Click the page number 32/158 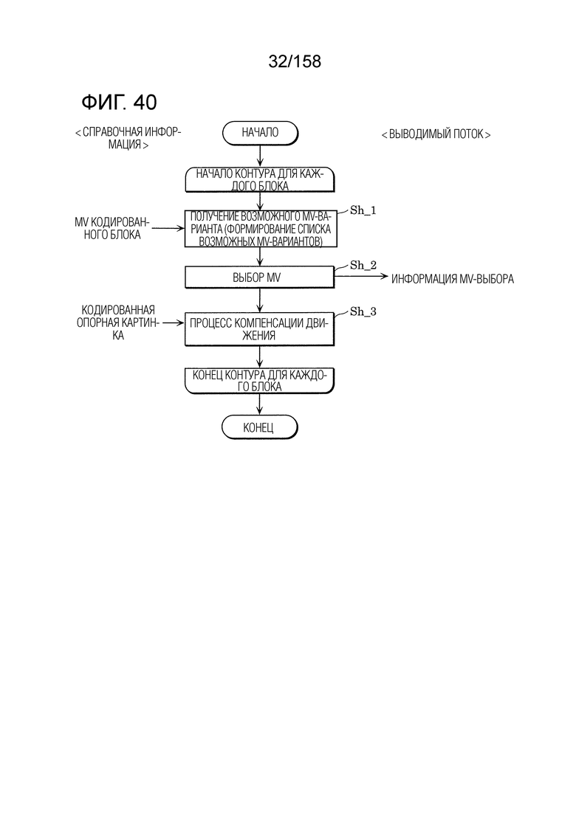295,62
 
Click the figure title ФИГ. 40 119,103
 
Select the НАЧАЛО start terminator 260,133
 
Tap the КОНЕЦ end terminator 260,428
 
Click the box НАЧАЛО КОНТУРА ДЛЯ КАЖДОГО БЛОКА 260,179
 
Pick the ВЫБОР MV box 260,277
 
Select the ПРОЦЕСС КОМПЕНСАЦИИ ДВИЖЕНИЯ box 260,329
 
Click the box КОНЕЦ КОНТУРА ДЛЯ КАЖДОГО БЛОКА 260,381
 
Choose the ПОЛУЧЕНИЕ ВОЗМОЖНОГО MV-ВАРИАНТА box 260,229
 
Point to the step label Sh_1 363,210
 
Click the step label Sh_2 363,265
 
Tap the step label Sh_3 363,311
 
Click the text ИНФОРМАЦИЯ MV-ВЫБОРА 453,279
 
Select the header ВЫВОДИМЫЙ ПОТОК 436,134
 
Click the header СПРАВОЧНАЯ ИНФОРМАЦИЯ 128,138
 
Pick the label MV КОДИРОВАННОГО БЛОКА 112,229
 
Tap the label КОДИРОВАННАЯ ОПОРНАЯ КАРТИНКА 118,323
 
